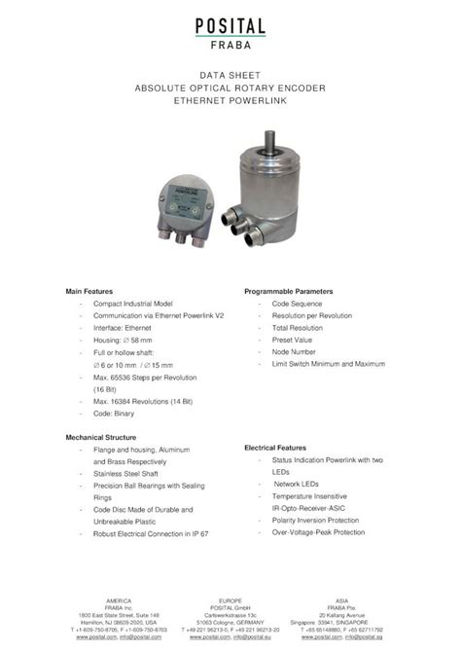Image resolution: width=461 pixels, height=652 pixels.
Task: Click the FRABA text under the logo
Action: tap(230, 43)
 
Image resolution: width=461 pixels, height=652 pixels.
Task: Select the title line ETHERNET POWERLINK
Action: tap(230, 100)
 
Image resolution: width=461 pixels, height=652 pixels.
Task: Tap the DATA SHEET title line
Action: tap(230, 74)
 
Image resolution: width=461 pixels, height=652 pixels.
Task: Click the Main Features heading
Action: tap(89, 291)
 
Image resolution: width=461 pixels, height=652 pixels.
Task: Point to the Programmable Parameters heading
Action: tap(289, 291)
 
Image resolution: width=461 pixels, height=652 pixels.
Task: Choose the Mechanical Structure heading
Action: tap(101, 437)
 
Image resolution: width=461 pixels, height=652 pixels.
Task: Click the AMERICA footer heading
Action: tap(119, 600)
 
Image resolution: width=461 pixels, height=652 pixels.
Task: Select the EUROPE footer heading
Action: tap(230, 600)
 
